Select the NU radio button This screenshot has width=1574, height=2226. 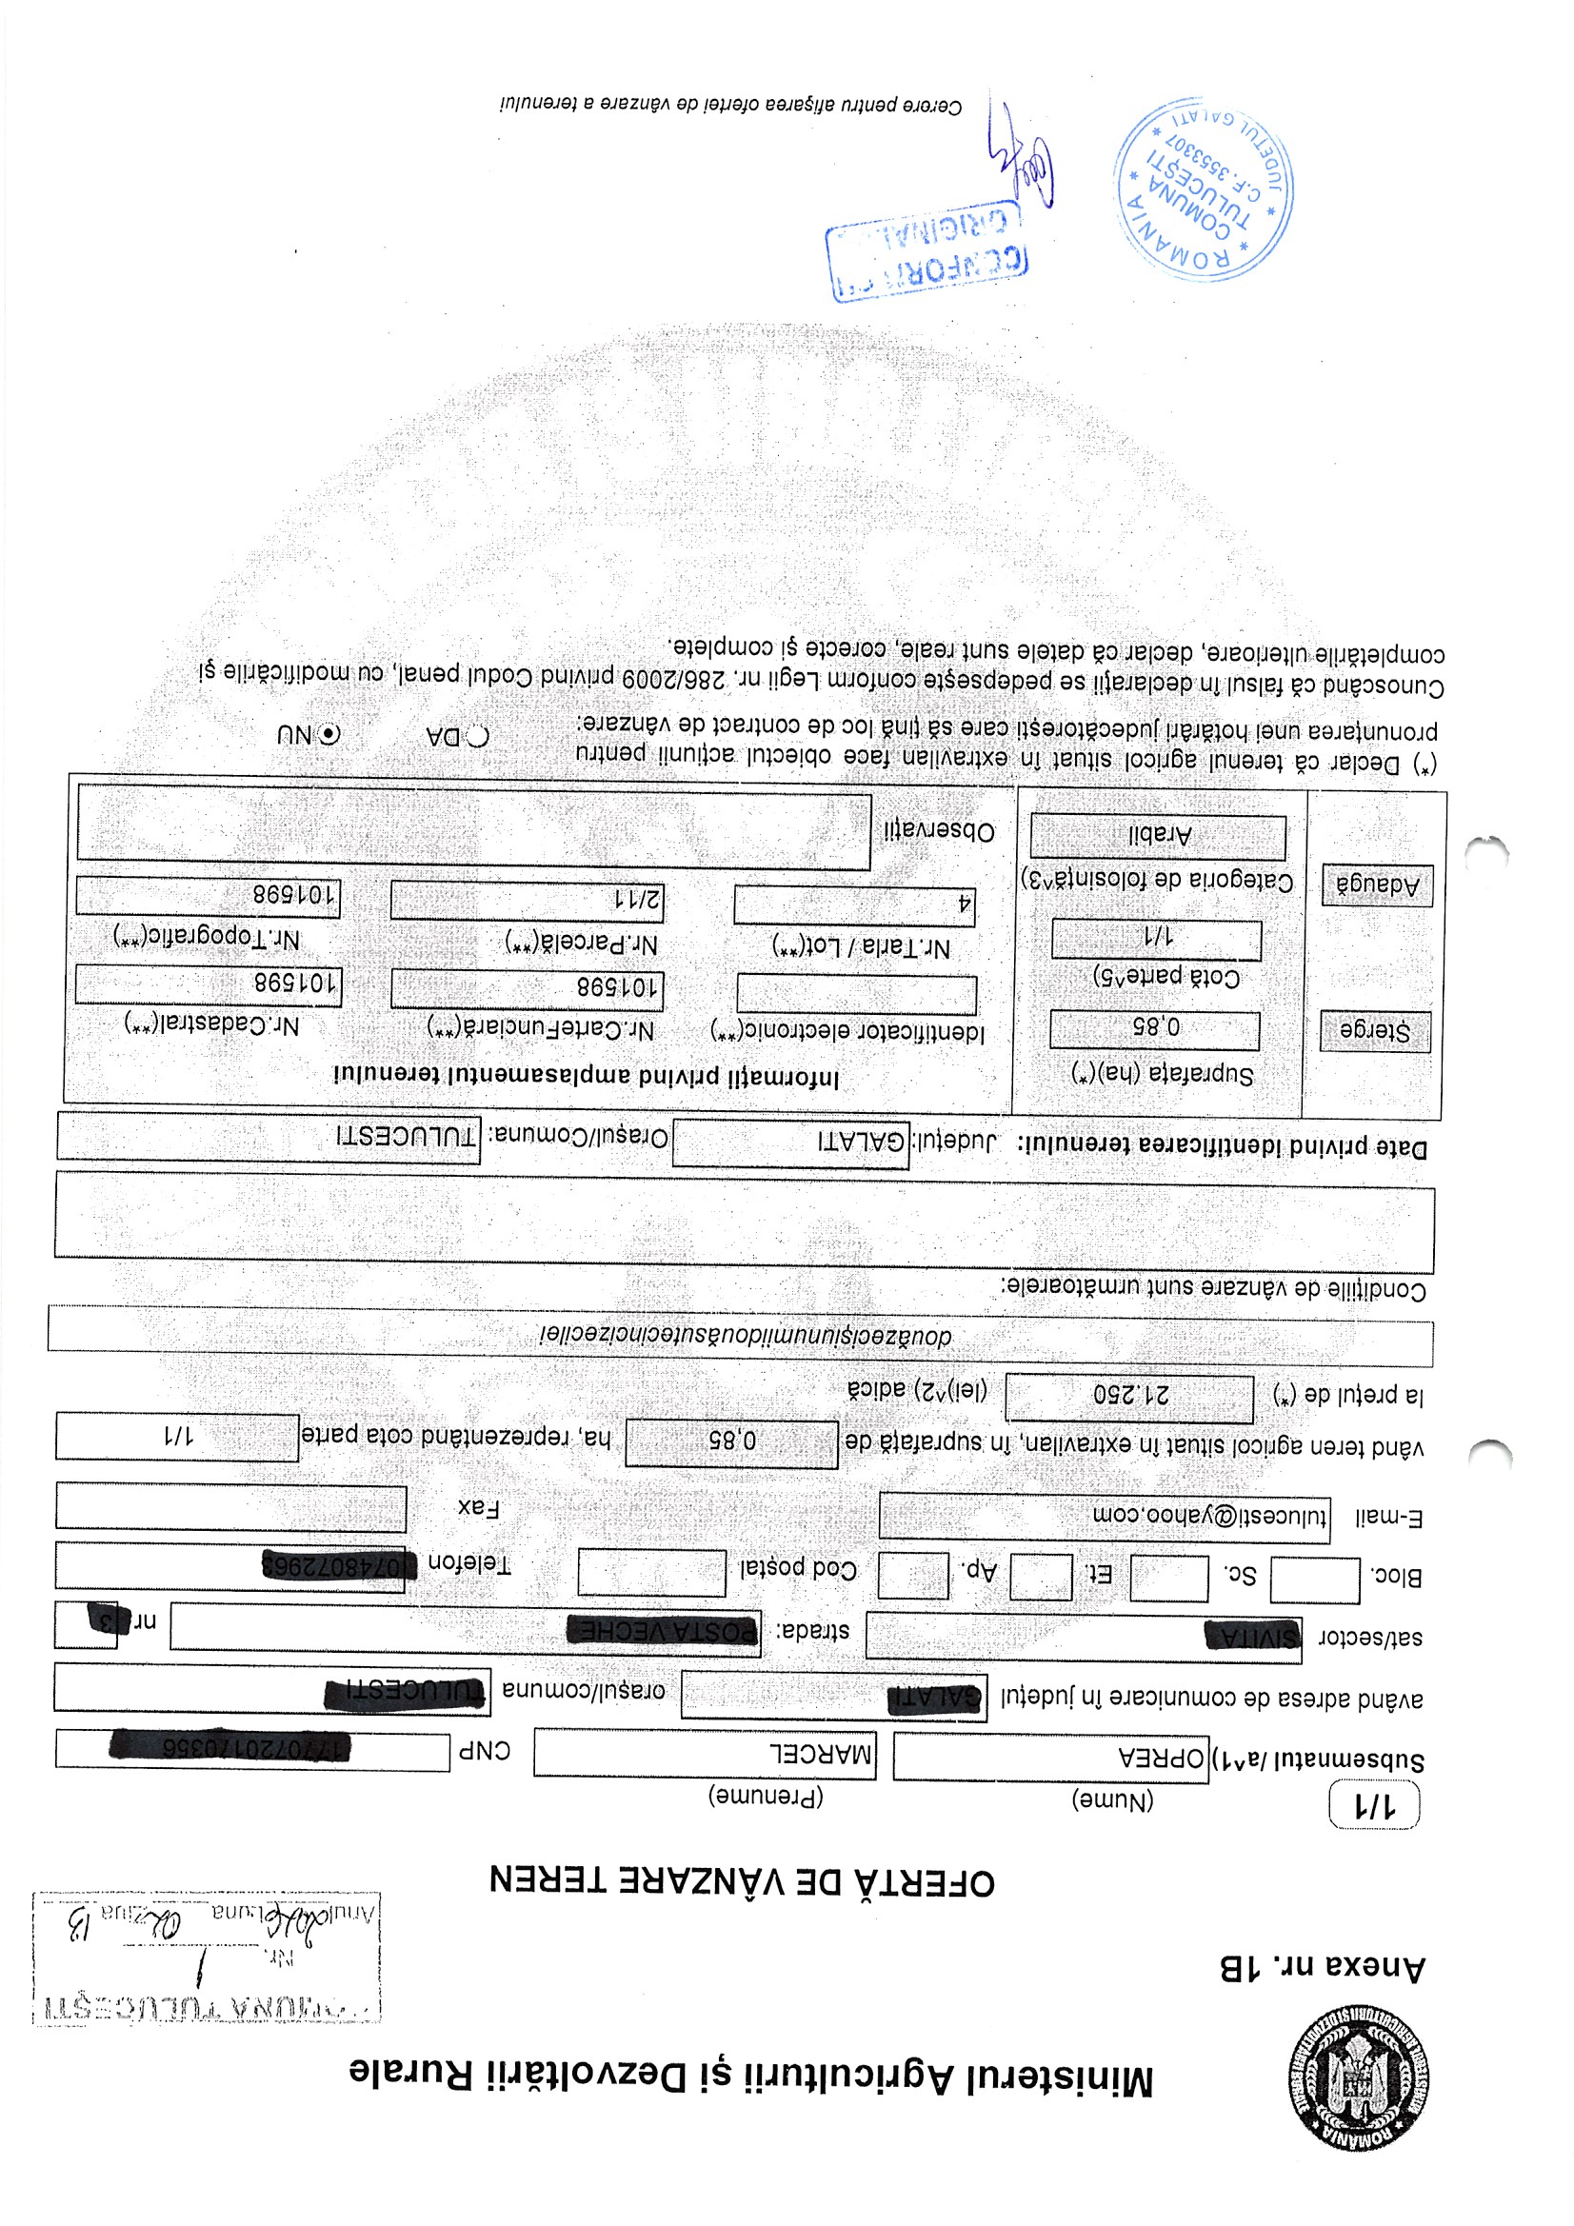329,734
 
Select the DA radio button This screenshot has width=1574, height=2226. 477,737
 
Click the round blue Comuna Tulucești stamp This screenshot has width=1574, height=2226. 1203,189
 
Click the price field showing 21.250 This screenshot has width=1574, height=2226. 1129,1396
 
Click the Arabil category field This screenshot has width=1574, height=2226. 1158,836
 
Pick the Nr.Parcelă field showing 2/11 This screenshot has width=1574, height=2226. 527,900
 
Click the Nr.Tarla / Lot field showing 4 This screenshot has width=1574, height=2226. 853,904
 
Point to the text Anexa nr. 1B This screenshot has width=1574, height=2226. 1322,1967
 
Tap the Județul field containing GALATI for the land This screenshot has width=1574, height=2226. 790,1143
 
